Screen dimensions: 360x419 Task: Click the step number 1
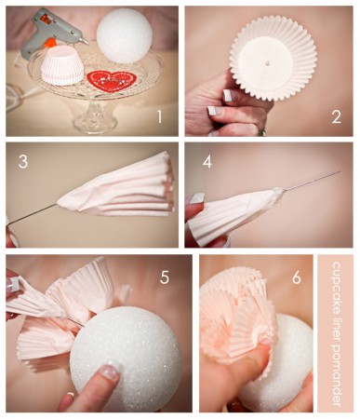159,117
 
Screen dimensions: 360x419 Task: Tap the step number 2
337,117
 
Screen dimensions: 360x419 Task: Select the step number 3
23,162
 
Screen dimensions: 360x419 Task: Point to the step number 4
207,162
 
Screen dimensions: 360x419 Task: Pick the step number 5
165,277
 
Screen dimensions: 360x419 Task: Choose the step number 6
297,277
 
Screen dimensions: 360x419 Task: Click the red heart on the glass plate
112,81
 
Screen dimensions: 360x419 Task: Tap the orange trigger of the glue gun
49,43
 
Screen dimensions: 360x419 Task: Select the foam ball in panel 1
124,35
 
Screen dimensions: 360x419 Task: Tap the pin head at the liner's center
266,63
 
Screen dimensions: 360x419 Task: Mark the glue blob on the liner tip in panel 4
277,196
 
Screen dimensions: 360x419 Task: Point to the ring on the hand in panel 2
262,133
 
